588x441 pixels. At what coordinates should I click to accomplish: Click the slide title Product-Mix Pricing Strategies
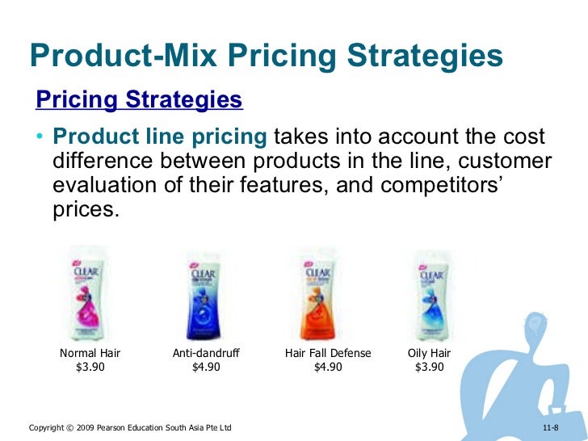[266, 56]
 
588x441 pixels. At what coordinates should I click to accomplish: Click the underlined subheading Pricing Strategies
[138, 100]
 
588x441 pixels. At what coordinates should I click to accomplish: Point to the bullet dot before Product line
[39, 138]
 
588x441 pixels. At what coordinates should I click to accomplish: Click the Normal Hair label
[90, 354]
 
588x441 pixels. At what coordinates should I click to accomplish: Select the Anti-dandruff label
[207, 354]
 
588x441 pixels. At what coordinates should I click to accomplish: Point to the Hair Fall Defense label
[328, 354]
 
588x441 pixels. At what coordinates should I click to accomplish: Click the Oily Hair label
[430, 354]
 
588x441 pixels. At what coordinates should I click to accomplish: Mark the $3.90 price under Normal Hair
[90, 367]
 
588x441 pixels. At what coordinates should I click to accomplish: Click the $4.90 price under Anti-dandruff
[207, 367]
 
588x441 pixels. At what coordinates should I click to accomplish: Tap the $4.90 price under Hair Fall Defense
[328, 367]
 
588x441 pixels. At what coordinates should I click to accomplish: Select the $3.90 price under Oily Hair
[430, 367]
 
